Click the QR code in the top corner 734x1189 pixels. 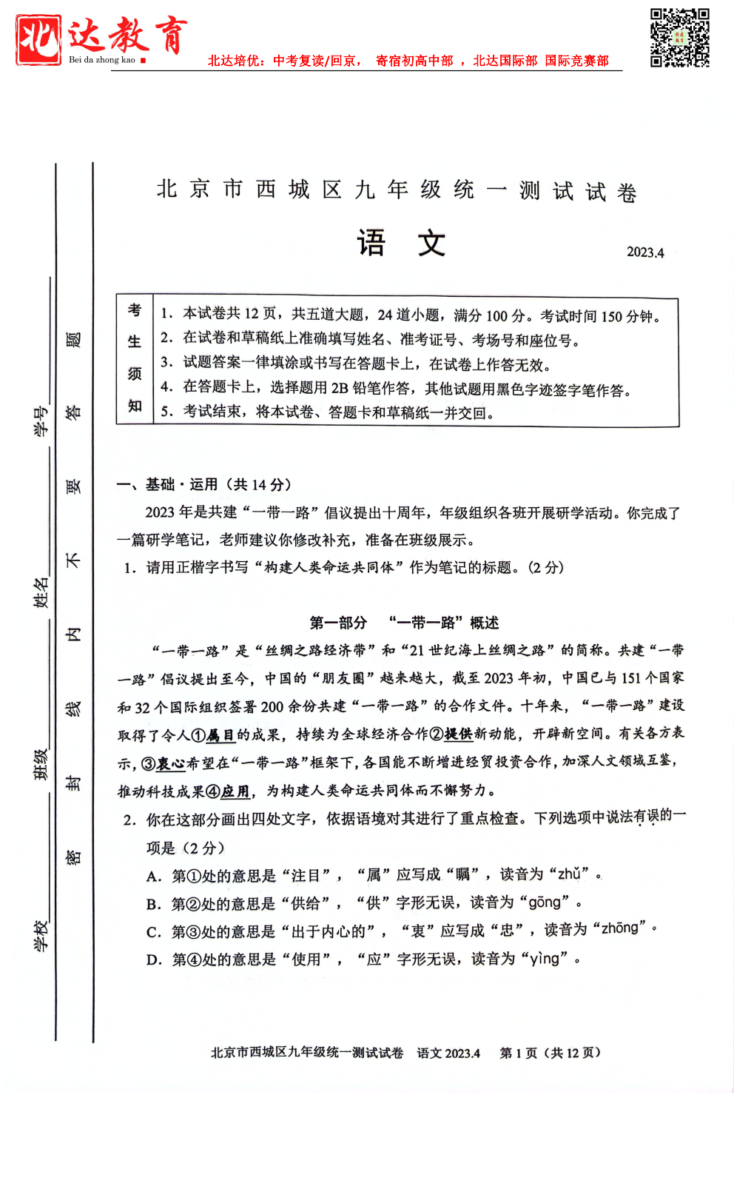679,38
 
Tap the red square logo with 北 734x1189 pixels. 38,39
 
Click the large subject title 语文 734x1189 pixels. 401,243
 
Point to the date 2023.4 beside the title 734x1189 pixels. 645,252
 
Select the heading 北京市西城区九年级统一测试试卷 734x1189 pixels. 397,190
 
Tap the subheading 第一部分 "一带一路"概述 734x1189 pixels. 404,623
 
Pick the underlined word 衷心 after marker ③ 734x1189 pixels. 171,763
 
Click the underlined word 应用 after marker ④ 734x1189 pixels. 235,791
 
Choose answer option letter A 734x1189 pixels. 153,877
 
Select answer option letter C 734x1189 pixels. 153,932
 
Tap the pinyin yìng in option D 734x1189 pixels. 545,959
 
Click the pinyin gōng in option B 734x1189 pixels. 545,902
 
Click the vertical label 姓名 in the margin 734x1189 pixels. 41,592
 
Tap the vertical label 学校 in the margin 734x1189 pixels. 41,935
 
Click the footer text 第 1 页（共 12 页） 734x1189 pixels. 550,1053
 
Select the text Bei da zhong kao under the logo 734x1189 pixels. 102,60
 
